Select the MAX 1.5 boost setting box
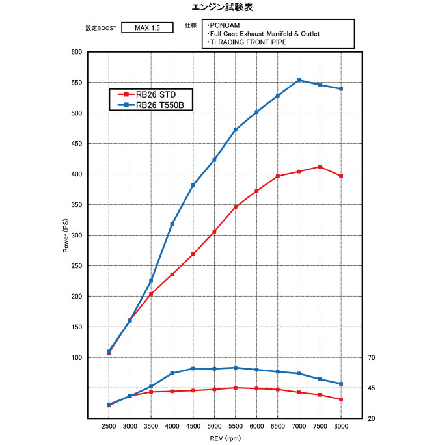tap(148, 28)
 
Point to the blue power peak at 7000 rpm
tap(299, 80)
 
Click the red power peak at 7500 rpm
tap(320, 167)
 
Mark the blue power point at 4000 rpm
tap(172, 224)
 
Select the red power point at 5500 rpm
tap(235, 207)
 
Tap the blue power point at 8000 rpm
tap(341, 89)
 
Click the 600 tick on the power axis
tap(76, 52)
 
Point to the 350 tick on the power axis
tap(76, 205)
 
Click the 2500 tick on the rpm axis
tap(109, 425)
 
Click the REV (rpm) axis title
tap(225, 438)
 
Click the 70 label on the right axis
tap(372, 358)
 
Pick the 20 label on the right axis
tap(372, 418)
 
